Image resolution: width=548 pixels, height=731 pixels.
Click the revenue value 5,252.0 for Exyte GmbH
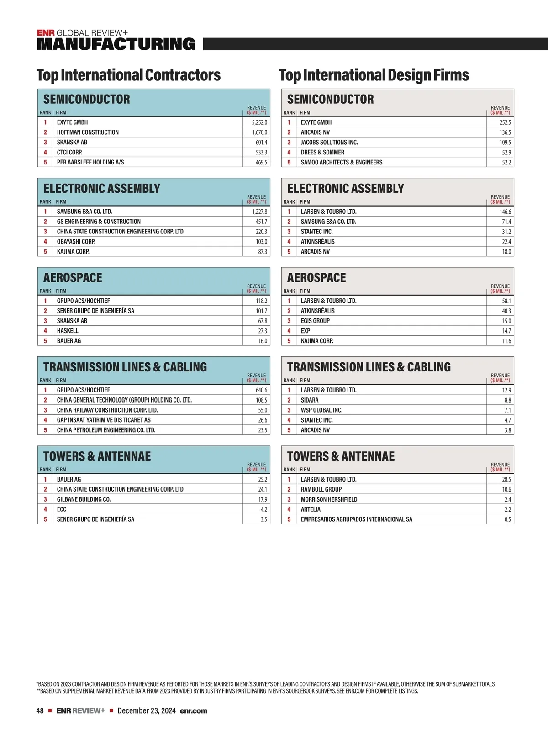click(x=259, y=122)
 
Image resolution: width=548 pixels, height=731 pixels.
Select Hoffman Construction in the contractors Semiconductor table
click(x=88, y=132)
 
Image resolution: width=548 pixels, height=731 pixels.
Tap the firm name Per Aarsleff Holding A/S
click(x=90, y=162)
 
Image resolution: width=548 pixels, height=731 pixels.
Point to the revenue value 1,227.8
click(x=259, y=212)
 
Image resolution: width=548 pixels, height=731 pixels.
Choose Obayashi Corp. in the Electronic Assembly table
click(x=76, y=242)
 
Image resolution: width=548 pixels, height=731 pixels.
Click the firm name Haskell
click(x=68, y=331)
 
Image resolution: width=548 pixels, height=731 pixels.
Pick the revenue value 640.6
click(x=261, y=390)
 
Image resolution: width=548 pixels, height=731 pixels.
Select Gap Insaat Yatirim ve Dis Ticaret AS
click(x=104, y=420)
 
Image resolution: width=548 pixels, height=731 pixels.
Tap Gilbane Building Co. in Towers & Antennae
click(x=84, y=499)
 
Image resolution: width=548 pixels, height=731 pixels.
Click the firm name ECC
click(x=62, y=509)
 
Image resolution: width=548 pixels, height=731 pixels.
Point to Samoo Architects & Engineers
click(x=342, y=162)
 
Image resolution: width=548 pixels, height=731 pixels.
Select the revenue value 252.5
click(x=505, y=122)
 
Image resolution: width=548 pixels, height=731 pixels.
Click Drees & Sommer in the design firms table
click(x=322, y=152)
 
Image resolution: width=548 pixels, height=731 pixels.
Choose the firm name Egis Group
click(x=315, y=321)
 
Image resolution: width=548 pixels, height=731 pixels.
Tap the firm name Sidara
click(x=310, y=400)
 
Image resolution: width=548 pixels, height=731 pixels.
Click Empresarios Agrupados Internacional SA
click(x=356, y=519)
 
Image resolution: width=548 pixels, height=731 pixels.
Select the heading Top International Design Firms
click(x=374, y=75)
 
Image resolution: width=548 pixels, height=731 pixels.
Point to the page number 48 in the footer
click(x=40, y=711)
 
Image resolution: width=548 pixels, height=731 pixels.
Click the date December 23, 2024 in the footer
click(x=147, y=711)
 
